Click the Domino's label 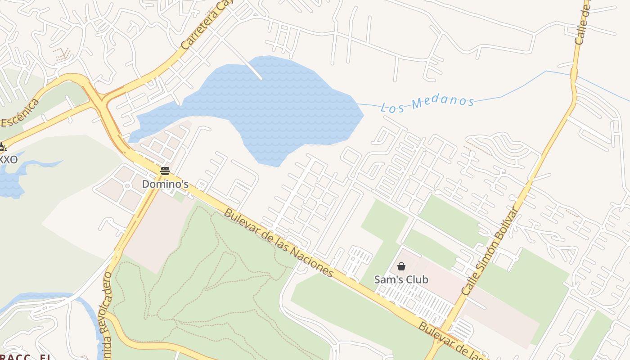[165, 184]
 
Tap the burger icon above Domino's [165, 171]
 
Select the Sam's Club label [401, 279]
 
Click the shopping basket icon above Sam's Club [401, 266]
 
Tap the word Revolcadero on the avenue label [106, 306]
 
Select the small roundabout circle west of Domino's [127, 185]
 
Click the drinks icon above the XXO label [3, 147]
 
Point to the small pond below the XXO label [11, 182]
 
